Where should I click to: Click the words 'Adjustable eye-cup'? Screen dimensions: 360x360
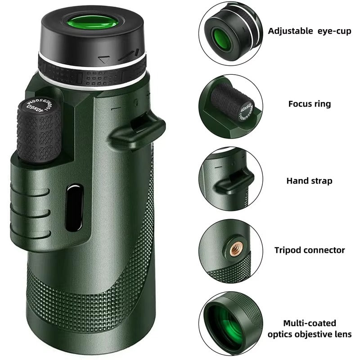tap(310, 31)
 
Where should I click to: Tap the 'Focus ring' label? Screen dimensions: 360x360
tap(310, 104)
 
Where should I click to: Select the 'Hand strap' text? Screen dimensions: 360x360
tap(310, 181)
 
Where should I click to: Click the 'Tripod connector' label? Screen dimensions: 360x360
tap(310, 250)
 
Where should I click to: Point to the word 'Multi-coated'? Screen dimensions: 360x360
tap(310, 323)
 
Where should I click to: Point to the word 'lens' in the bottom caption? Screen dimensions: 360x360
tap(342, 334)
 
